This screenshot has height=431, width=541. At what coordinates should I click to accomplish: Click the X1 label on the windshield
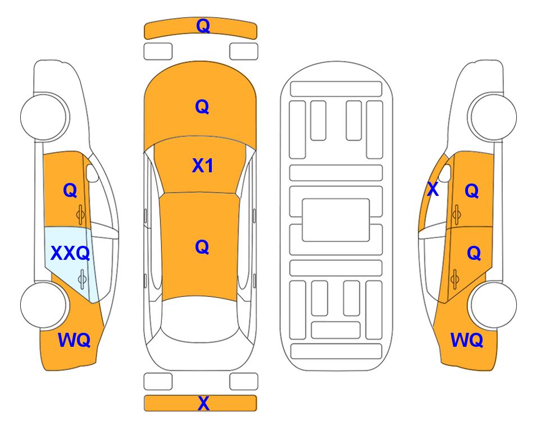point(203,166)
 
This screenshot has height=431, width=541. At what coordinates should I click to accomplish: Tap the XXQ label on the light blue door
point(70,254)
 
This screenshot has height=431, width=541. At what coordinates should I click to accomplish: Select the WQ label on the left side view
point(74,340)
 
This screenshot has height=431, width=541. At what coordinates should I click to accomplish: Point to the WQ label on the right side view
point(467,340)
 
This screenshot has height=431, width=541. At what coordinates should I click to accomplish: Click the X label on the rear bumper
point(203,403)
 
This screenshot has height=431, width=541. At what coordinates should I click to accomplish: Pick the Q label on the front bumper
point(203,26)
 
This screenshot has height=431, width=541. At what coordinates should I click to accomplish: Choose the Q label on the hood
point(202,107)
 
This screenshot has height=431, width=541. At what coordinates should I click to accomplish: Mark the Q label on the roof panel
point(202,247)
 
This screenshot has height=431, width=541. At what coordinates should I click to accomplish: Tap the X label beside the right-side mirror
point(433,189)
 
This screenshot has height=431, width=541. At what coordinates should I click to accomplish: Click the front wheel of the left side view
point(44,117)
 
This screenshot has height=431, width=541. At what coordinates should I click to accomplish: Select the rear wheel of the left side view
point(44,305)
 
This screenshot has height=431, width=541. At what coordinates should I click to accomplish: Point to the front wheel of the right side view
point(492,117)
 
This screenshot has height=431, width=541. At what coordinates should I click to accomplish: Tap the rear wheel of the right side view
point(492,305)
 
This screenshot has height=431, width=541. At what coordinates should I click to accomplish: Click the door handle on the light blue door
point(82,279)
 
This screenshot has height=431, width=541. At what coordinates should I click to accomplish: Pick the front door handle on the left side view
point(80,214)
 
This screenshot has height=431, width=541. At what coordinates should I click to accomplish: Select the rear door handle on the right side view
point(454,279)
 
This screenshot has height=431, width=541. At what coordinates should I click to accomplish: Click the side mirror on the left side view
point(92,173)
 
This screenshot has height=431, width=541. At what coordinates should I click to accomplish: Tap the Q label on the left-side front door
point(70,190)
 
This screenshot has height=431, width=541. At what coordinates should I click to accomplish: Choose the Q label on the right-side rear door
point(474,254)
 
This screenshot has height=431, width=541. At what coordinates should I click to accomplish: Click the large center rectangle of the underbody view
point(336,220)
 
